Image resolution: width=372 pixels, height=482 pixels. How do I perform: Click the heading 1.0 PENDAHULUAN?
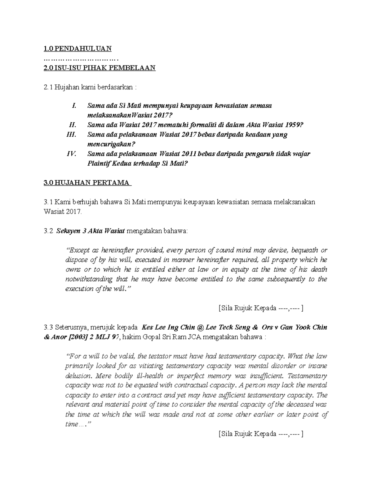coord(77,48)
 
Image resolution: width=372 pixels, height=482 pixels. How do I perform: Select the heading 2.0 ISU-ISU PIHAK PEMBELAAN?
coord(100,68)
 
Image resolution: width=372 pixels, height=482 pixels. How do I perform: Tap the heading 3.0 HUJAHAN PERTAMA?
coord(88,182)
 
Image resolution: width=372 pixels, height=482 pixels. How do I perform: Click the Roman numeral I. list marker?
coord(73,106)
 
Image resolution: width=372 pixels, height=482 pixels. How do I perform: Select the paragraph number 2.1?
coord(48,87)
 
